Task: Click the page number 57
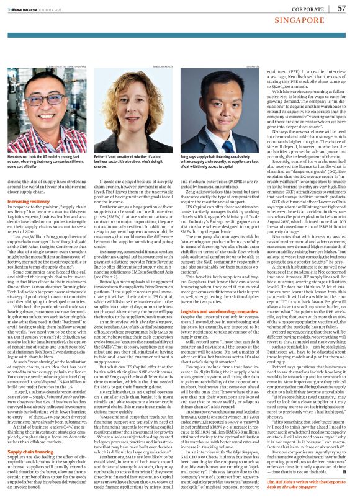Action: click(x=341, y=8)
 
